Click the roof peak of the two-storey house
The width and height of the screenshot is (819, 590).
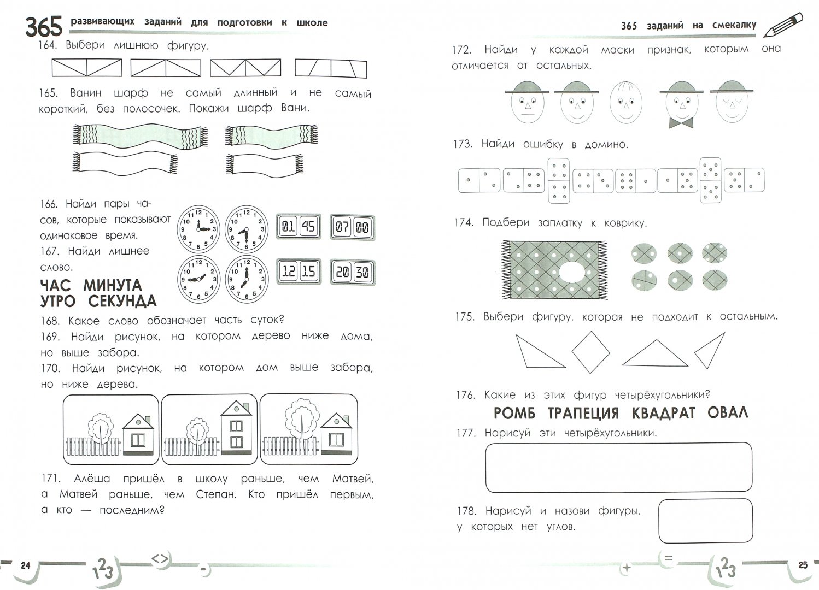[237, 401]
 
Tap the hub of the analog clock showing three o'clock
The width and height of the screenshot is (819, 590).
[198, 229]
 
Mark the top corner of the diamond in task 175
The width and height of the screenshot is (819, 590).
[591, 332]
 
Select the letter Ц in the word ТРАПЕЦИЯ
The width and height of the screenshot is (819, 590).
[598, 414]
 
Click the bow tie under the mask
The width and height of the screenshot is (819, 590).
[681, 123]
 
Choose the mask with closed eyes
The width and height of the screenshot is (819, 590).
[732, 102]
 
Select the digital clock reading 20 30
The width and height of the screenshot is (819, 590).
[353, 272]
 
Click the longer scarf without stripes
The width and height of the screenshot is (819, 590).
[125, 163]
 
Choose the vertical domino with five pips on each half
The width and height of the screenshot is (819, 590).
[710, 180]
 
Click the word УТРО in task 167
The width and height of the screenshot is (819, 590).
[58, 302]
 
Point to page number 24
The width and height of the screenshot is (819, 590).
[25, 566]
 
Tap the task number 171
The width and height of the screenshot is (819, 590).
[50, 478]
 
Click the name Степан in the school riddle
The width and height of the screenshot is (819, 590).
[216, 494]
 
